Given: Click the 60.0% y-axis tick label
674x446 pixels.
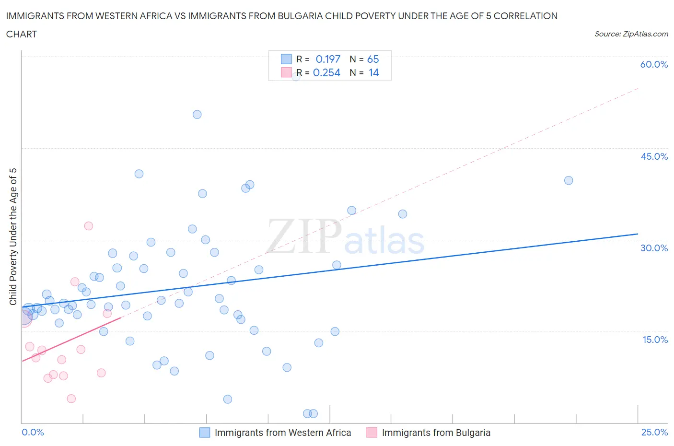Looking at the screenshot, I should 654,64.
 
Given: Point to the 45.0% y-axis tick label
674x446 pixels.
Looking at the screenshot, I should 654,156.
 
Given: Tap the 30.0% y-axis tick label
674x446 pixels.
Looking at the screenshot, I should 654,248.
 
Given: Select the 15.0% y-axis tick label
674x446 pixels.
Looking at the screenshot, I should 654,340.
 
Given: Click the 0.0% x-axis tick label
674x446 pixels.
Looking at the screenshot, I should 33,432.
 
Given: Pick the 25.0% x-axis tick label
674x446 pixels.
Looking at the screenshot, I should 654,432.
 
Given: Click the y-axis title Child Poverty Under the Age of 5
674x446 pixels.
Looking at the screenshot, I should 13,236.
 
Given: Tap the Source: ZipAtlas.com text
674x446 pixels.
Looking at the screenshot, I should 631,34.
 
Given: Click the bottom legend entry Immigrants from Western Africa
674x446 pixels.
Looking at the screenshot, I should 282,433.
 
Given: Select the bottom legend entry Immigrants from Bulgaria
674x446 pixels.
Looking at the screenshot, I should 436,433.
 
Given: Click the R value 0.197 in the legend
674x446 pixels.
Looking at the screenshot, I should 328,59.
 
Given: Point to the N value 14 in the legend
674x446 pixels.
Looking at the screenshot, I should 373,72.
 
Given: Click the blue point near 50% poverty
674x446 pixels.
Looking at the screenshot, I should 197,115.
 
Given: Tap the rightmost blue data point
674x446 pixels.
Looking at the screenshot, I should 569,180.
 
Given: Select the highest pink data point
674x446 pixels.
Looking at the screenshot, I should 89,226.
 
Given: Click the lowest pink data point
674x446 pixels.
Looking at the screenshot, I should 71,399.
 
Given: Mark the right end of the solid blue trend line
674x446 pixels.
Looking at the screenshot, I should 638,234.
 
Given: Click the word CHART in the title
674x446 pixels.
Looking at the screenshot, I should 22,34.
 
